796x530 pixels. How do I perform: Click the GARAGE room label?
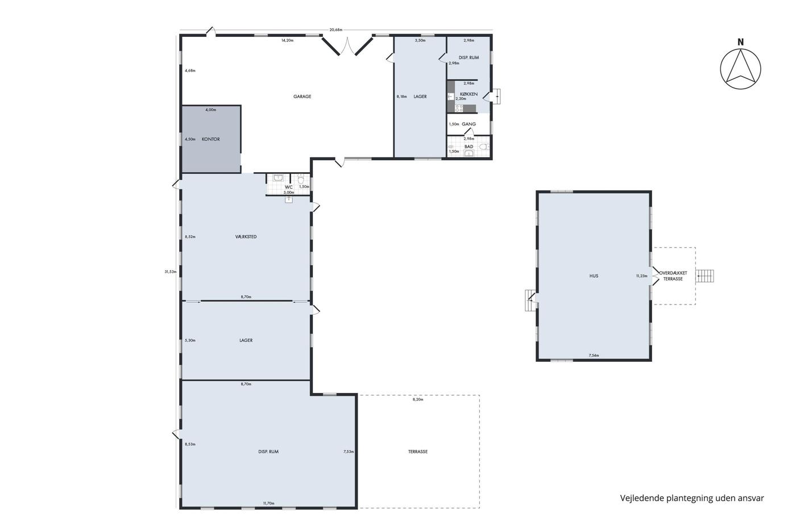(x=302, y=97)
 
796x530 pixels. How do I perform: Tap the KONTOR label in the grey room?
(x=211, y=139)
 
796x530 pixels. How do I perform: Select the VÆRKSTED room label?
(x=246, y=237)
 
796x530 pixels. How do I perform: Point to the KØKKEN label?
(x=469, y=94)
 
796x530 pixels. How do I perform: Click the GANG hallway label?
(x=469, y=124)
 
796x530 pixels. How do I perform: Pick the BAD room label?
(x=469, y=147)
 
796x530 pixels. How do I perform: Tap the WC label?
(x=289, y=187)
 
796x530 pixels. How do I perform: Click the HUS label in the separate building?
(x=594, y=276)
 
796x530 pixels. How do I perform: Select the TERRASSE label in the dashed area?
(x=418, y=452)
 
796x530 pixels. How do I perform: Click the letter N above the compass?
(x=740, y=42)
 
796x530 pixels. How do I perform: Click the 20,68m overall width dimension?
(x=336, y=30)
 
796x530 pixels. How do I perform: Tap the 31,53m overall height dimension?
(x=170, y=272)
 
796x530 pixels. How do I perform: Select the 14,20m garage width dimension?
(x=287, y=40)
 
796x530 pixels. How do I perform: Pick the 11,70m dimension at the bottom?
(x=268, y=503)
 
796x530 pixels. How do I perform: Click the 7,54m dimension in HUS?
(x=594, y=356)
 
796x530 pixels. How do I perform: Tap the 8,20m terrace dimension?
(x=418, y=399)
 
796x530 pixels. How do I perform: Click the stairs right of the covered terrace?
(x=704, y=276)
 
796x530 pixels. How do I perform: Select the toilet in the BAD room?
(x=484, y=147)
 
